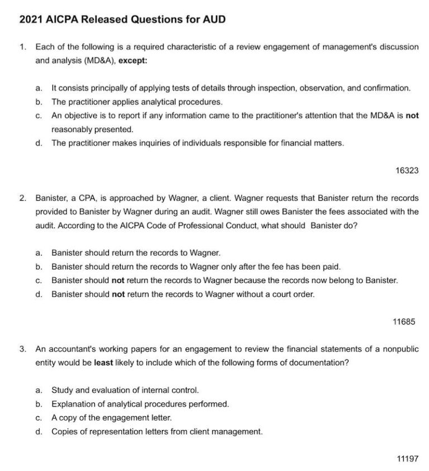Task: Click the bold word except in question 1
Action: tap(133, 60)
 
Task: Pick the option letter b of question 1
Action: tap(39, 102)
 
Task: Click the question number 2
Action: tap(22, 198)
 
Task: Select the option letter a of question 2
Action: tap(39, 253)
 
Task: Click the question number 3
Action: tap(22, 349)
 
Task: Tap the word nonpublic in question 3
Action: tap(399, 349)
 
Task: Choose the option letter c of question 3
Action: tap(39, 417)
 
